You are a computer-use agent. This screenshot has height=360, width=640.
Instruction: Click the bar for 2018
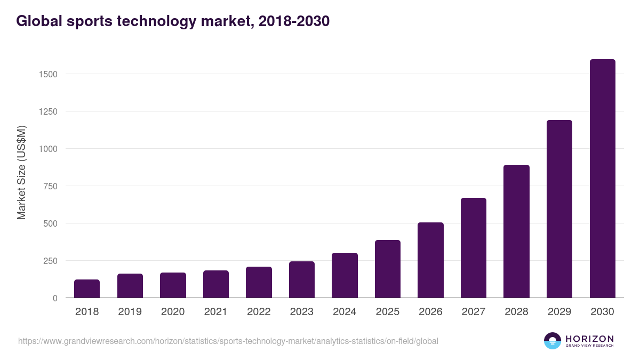click(87, 289)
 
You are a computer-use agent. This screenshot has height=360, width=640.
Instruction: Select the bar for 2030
click(602, 179)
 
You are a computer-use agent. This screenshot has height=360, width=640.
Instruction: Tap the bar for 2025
click(388, 269)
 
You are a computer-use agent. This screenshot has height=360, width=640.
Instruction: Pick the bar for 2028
click(516, 231)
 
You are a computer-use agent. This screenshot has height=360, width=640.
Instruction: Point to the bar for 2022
click(259, 282)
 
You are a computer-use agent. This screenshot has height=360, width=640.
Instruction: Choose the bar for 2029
click(559, 209)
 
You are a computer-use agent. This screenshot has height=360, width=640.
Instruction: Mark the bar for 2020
click(173, 285)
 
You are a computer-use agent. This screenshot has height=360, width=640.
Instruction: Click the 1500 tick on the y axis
click(48, 74)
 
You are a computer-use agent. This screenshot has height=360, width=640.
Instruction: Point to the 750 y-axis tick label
click(50, 186)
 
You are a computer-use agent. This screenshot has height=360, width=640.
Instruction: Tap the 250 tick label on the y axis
click(50, 261)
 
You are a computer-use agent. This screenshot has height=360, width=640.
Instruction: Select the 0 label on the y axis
click(54, 298)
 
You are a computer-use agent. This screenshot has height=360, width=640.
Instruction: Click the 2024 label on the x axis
click(345, 312)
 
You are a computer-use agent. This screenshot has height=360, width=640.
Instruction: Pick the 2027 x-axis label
click(474, 312)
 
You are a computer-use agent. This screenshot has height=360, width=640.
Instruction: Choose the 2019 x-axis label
click(130, 312)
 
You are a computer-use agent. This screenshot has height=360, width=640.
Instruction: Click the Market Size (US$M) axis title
click(21, 172)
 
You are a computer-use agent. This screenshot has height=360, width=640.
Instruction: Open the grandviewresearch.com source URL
click(228, 341)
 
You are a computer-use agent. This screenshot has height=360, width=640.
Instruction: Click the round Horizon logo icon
click(553, 341)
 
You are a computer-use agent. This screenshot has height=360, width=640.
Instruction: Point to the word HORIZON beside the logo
click(589, 338)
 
